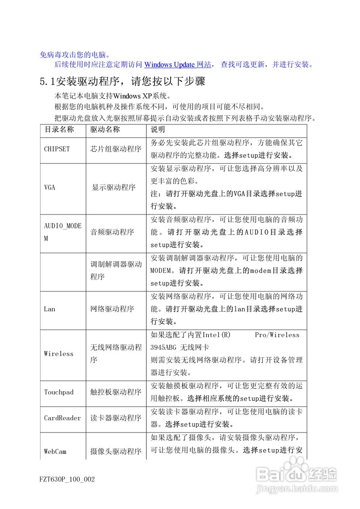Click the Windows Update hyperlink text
click(169, 64)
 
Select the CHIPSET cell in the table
click(57, 149)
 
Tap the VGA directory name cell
click(50, 188)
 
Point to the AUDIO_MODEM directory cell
click(62, 232)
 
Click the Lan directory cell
click(50, 309)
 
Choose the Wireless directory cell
click(59, 354)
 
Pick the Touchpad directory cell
click(59, 392)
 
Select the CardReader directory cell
click(62, 418)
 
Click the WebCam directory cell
click(55, 451)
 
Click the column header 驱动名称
click(105, 130)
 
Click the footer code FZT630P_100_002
click(68, 479)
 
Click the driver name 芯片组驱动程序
click(116, 149)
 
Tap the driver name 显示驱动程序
click(114, 188)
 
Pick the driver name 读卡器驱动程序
click(116, 418)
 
